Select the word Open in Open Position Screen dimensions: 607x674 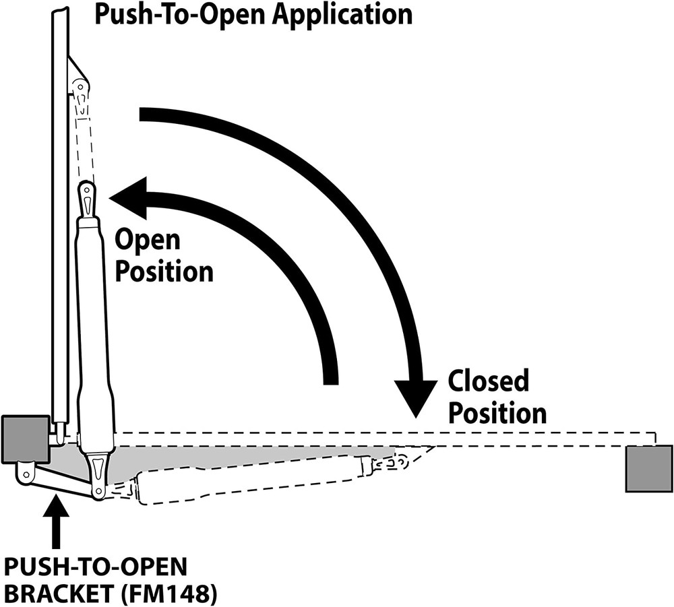tap(148, 241)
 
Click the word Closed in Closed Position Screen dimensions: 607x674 tap(489, 381)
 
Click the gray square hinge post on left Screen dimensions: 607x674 tap(25, 439)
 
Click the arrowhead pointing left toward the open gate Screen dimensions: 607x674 tap(129, 197)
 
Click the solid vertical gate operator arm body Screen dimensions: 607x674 tap(94, 330)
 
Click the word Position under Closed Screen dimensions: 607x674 tap(497, 413)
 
